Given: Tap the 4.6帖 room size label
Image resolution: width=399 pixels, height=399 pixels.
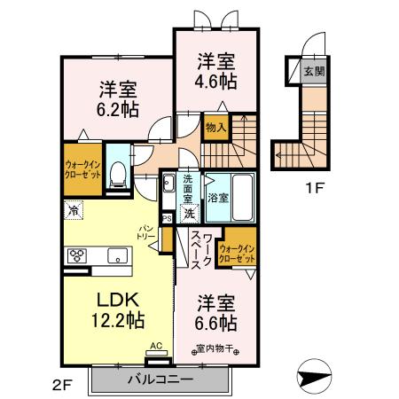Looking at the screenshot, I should point(215,81).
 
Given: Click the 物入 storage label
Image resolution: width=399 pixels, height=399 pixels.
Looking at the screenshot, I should point(215,129).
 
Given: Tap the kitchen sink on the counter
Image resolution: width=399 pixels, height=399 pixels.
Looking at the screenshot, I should point(116,256).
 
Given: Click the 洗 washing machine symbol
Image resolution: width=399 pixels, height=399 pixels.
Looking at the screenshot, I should point(189,213).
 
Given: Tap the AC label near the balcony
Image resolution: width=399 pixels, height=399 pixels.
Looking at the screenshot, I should point(156,346).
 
